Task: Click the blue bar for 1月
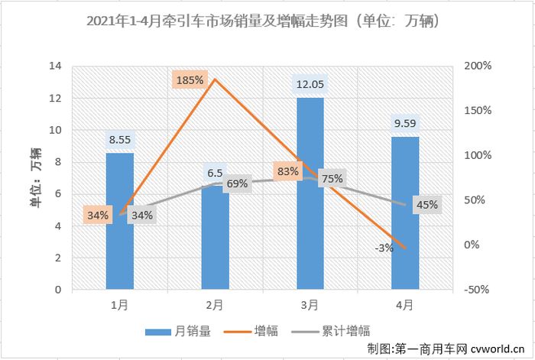120,222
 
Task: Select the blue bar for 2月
215,241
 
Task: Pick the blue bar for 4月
404,213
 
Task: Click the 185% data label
189,79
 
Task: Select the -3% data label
384,247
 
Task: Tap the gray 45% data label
427,204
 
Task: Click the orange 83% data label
288,172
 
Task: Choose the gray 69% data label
238,183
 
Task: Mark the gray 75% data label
331,179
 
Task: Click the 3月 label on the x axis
310,305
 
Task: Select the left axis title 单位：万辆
36,178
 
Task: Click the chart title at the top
267,18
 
